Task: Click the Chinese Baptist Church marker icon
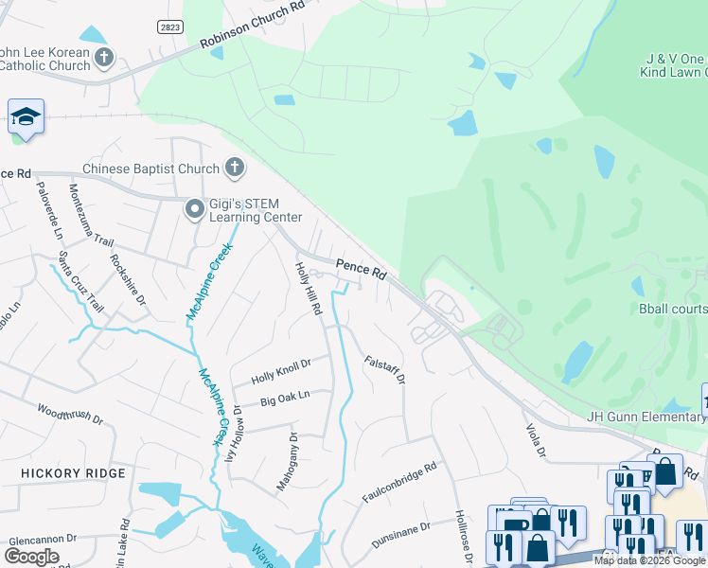coord(234,169)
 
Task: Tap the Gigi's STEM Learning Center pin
coord(195,208)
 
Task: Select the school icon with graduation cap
coord(27,117)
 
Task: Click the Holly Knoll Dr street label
coord(281,370)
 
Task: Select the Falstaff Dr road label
coord(385,369)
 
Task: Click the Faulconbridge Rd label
coord(398,482)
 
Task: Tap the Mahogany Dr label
coord(287,461)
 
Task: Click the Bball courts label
coord(673,309)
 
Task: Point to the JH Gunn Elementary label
coord(646,417)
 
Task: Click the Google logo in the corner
coord(31,556)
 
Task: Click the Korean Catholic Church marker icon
coord(103,58)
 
